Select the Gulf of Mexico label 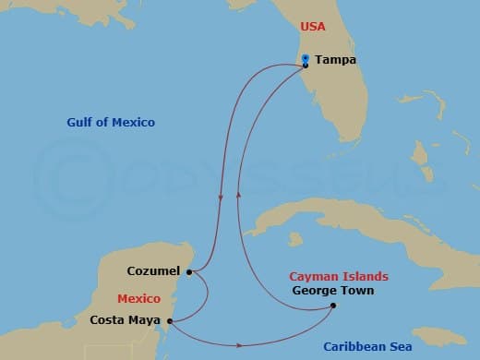(111, 123)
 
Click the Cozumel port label (154, 271)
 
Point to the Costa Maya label (126, 320)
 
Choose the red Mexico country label (138, 299)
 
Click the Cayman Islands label (339, 276)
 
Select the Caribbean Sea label (366, 346)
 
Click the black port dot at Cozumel (188, 272)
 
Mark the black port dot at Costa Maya (170, 320)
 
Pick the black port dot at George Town (333, 306)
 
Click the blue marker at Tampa (306, 59)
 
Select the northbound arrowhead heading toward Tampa (237, 193)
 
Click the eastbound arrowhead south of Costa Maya (241, 345)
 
